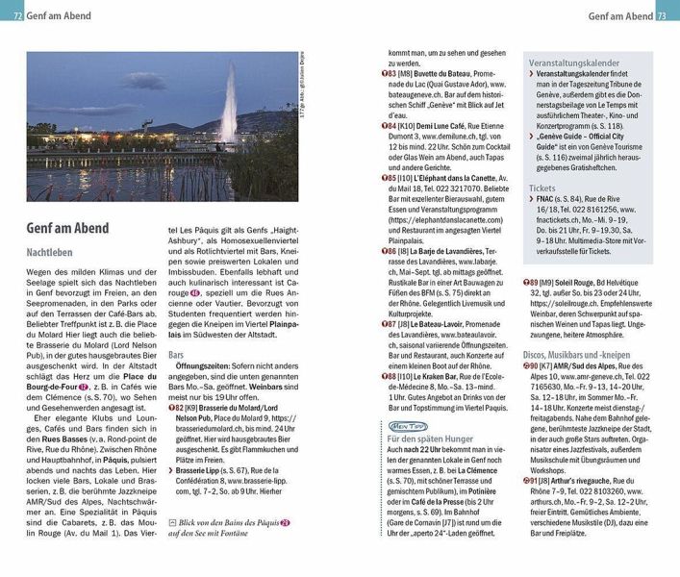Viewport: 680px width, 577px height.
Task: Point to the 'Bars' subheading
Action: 176,355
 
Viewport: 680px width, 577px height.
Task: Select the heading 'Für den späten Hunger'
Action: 432,439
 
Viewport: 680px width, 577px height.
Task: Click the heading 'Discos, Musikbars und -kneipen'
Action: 588,353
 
